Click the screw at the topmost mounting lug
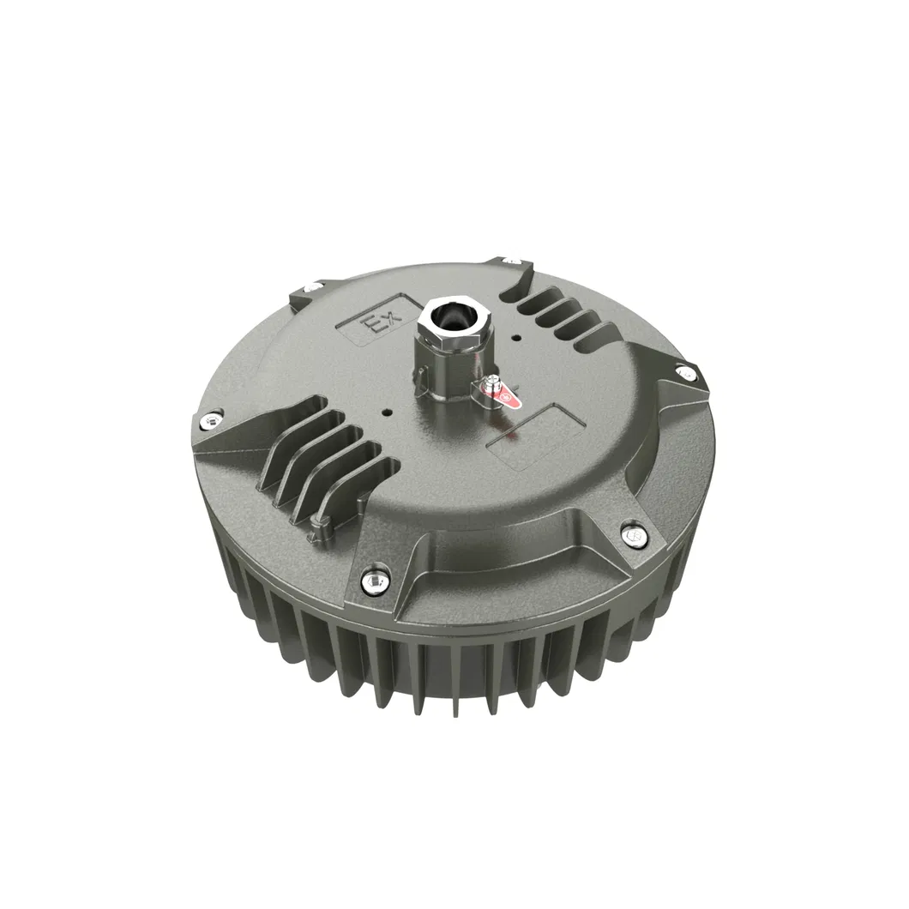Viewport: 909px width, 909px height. (x=511, y=259)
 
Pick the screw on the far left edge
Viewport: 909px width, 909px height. (x=209, y=420)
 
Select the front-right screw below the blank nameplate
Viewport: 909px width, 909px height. (x=635, y=535)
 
